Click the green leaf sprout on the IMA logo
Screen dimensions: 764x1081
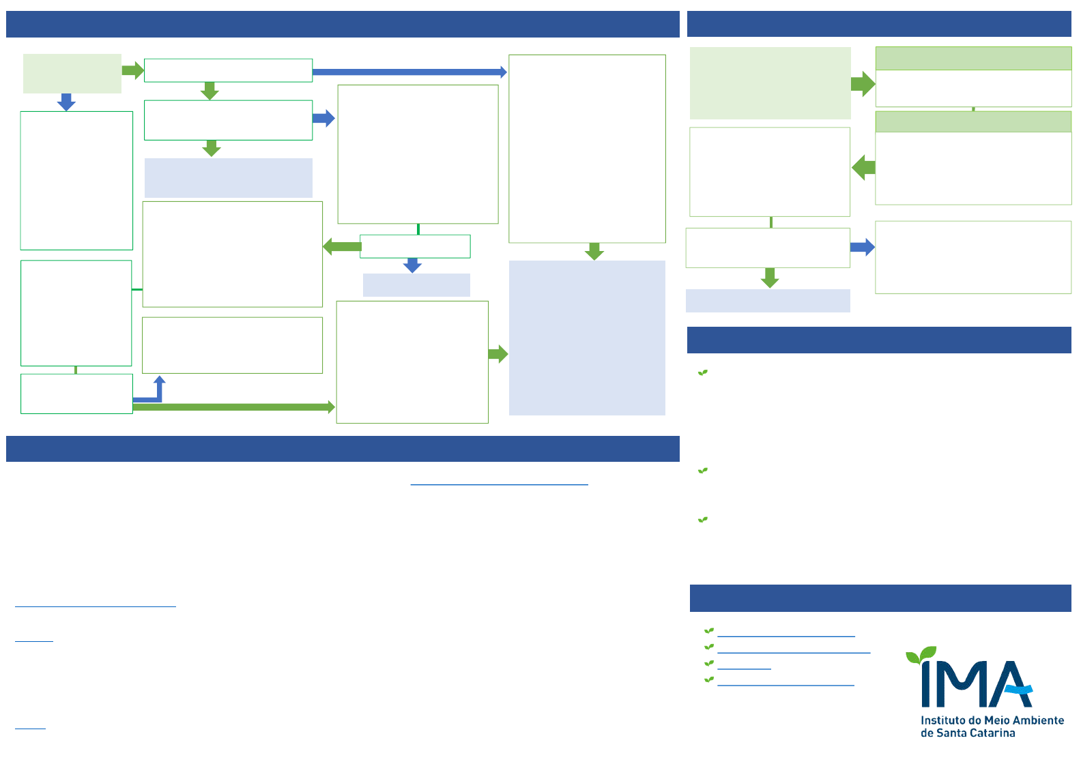click(x=921, y=655)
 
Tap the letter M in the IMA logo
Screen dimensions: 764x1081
click(x=962, y=684)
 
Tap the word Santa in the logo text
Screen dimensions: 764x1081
click(x=955, y=733)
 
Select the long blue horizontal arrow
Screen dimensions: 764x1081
click(x=409, y=72)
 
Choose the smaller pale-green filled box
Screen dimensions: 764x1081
click(x=72, y=74)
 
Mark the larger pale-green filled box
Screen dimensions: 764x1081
click(x=770, y=83)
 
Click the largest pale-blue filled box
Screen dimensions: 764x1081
click(x=587, y=338)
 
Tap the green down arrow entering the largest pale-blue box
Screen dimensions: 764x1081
click(x=594, y=251)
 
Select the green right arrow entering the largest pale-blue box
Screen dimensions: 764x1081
click(x=498, y=354)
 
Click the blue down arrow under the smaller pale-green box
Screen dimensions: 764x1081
click(x=66, y=102)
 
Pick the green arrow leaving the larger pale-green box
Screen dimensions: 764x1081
click(x=863, y=84)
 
